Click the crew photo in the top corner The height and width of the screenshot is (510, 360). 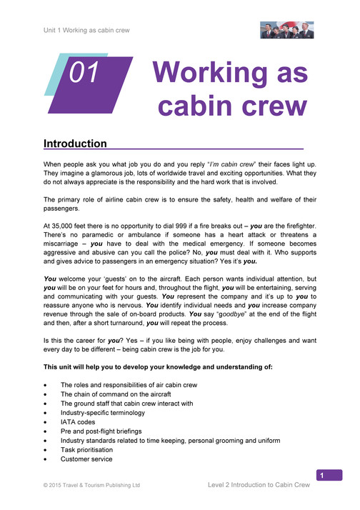tap(285, 30)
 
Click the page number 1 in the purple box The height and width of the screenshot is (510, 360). tap(322, 476)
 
